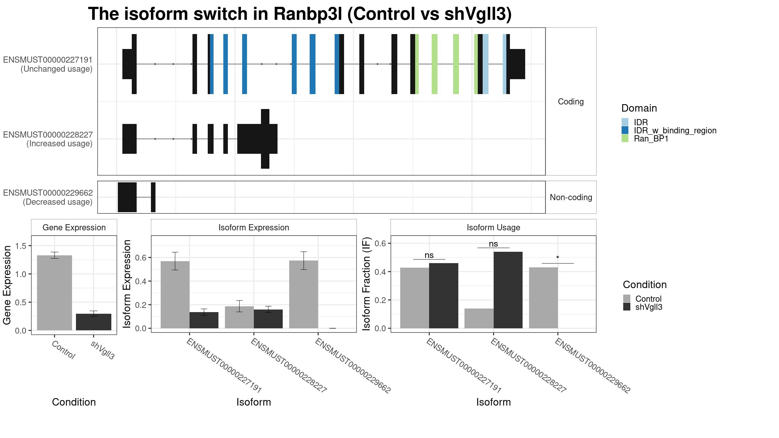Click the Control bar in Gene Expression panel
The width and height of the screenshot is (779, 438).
coord(55,293)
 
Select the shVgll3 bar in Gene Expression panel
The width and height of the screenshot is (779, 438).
coord(93,322)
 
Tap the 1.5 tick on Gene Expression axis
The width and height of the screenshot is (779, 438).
coord(20,246)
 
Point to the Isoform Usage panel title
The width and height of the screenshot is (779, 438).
coord(493,227)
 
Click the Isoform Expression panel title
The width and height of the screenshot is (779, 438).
coord(254,227)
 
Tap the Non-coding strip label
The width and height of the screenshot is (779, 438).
coord(571,197)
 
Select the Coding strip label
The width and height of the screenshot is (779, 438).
coord(571,102)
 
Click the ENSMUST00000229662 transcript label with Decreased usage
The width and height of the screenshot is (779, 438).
coord(48,197)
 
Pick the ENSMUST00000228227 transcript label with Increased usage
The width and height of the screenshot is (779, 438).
coord(48,139)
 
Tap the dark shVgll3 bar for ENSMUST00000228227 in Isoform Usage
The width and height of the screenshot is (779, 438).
coord(508,290)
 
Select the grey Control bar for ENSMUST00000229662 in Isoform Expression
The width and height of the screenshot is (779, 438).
coord(303,294)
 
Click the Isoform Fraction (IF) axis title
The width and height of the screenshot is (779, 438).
coord(366,284)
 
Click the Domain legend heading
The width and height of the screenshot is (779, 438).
coord(639,108)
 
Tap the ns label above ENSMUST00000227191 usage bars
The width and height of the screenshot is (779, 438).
coord(429,255)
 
